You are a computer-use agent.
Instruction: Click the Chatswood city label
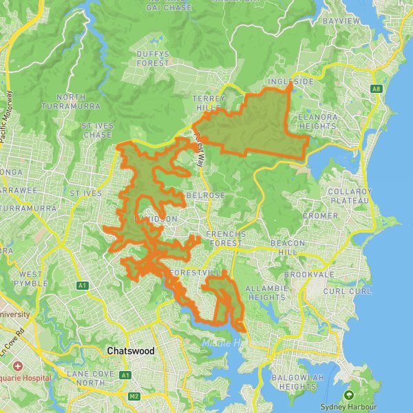click(x=131, y=350)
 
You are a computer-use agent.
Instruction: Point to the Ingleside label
click(x=290, y=81)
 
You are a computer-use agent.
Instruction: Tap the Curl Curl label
click(x=350, y=291)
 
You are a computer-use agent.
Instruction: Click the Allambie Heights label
click(x=265, y=293)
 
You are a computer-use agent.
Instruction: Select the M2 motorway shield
click(x=134, y=396)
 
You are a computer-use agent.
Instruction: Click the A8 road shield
click(x=375, y=88)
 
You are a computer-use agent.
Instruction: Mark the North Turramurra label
click(x=71, y=102)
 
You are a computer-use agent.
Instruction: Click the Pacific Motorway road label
click(x=8, y=117)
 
